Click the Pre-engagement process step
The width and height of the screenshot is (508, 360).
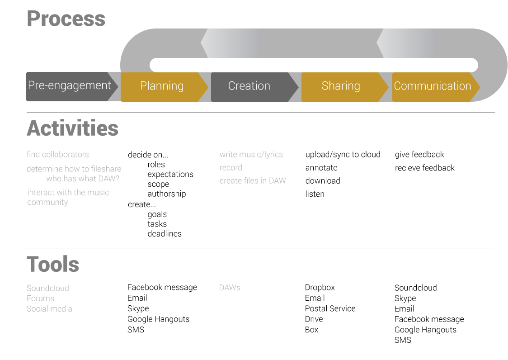click(x=72, y=86)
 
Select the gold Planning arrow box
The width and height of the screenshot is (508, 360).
click(x=164, y=87)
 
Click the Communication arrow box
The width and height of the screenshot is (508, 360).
click(x=436, y=87)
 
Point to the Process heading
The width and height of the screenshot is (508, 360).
click(x=66, y=19)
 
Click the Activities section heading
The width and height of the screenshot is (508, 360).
click(x=73, y=128)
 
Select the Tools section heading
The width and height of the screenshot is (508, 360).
click(x=53, y=264)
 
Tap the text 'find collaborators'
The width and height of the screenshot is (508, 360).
click(x=58, y=154)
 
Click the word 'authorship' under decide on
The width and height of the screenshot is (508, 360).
click(x=166, y=194)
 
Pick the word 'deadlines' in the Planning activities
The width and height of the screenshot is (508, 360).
click(x=165, y=233)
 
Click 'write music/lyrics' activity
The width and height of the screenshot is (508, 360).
click(x=251, y=155)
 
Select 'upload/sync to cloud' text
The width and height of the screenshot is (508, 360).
click(x=343, y=155)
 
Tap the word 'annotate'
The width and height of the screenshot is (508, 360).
click(x=321, y=168)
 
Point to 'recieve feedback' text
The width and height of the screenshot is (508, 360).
click(x=425, y=168)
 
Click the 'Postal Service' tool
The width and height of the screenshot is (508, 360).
click(x=330, y=308)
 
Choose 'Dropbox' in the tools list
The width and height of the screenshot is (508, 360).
click(x=320, y=288)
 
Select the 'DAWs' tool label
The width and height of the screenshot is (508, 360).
click(x=230, y=288)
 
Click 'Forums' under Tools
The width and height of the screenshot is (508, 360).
click(x=40, y=298)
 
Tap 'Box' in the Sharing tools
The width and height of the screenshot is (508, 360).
click(x=311, y=330)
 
